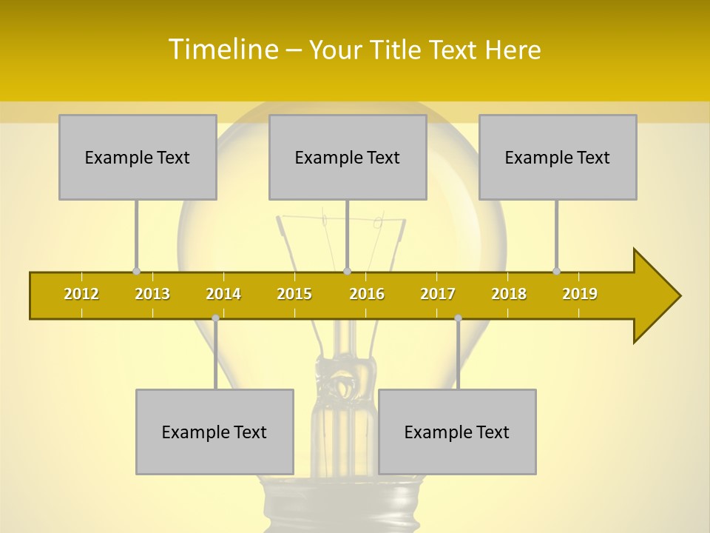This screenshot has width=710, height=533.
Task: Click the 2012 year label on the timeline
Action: (x=81, y=294)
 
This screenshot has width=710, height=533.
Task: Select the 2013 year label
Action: (x=152, y=294)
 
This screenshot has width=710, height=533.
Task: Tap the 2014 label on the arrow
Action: (x=223, y=294)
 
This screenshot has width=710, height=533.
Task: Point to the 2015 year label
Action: (x=294, y=294)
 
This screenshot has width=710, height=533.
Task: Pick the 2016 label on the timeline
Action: (x=367, y=294)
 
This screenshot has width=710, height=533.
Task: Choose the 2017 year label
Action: (x=438, y=294)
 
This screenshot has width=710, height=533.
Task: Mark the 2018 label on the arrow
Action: (x=509, y=294)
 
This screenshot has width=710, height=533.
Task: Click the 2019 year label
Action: (x=580, y=294)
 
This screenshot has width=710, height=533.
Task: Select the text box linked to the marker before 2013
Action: (x=138, y=157)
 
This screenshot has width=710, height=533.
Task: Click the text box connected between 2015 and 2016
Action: (x=348, y=157)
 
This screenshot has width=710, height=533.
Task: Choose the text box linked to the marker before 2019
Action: (x=558, y=157)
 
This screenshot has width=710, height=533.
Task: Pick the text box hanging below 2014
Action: (x=214, y=432)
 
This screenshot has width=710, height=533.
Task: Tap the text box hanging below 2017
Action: (x=457, y=432)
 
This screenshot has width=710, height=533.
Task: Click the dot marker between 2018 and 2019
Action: (x=557, y=271)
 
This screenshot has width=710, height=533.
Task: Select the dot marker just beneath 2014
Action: (x=215, y=318)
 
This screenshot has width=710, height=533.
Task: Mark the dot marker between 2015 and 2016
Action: (x=348, y=271)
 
